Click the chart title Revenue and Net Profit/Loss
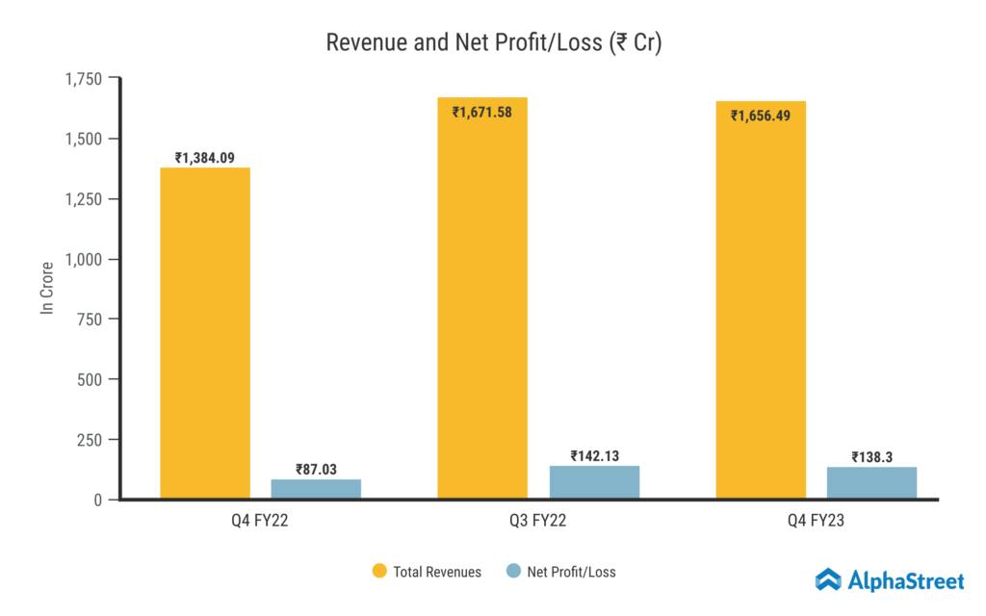coord(493,43)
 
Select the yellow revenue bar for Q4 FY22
coord(205,337)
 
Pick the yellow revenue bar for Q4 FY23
coord(761,308)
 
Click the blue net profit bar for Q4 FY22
coord(316,489)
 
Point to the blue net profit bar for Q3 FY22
coord(594,482)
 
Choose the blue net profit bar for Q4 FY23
coord(871,483)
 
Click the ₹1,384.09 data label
coord(205,158)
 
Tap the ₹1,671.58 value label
coord(483,113)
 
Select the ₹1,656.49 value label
coord(762,115)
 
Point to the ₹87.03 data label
coord(316,469)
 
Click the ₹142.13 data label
coord(594,455)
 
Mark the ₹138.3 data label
coord(871,457)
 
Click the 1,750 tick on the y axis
coord(85,79)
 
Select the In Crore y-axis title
coord(46,289)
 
